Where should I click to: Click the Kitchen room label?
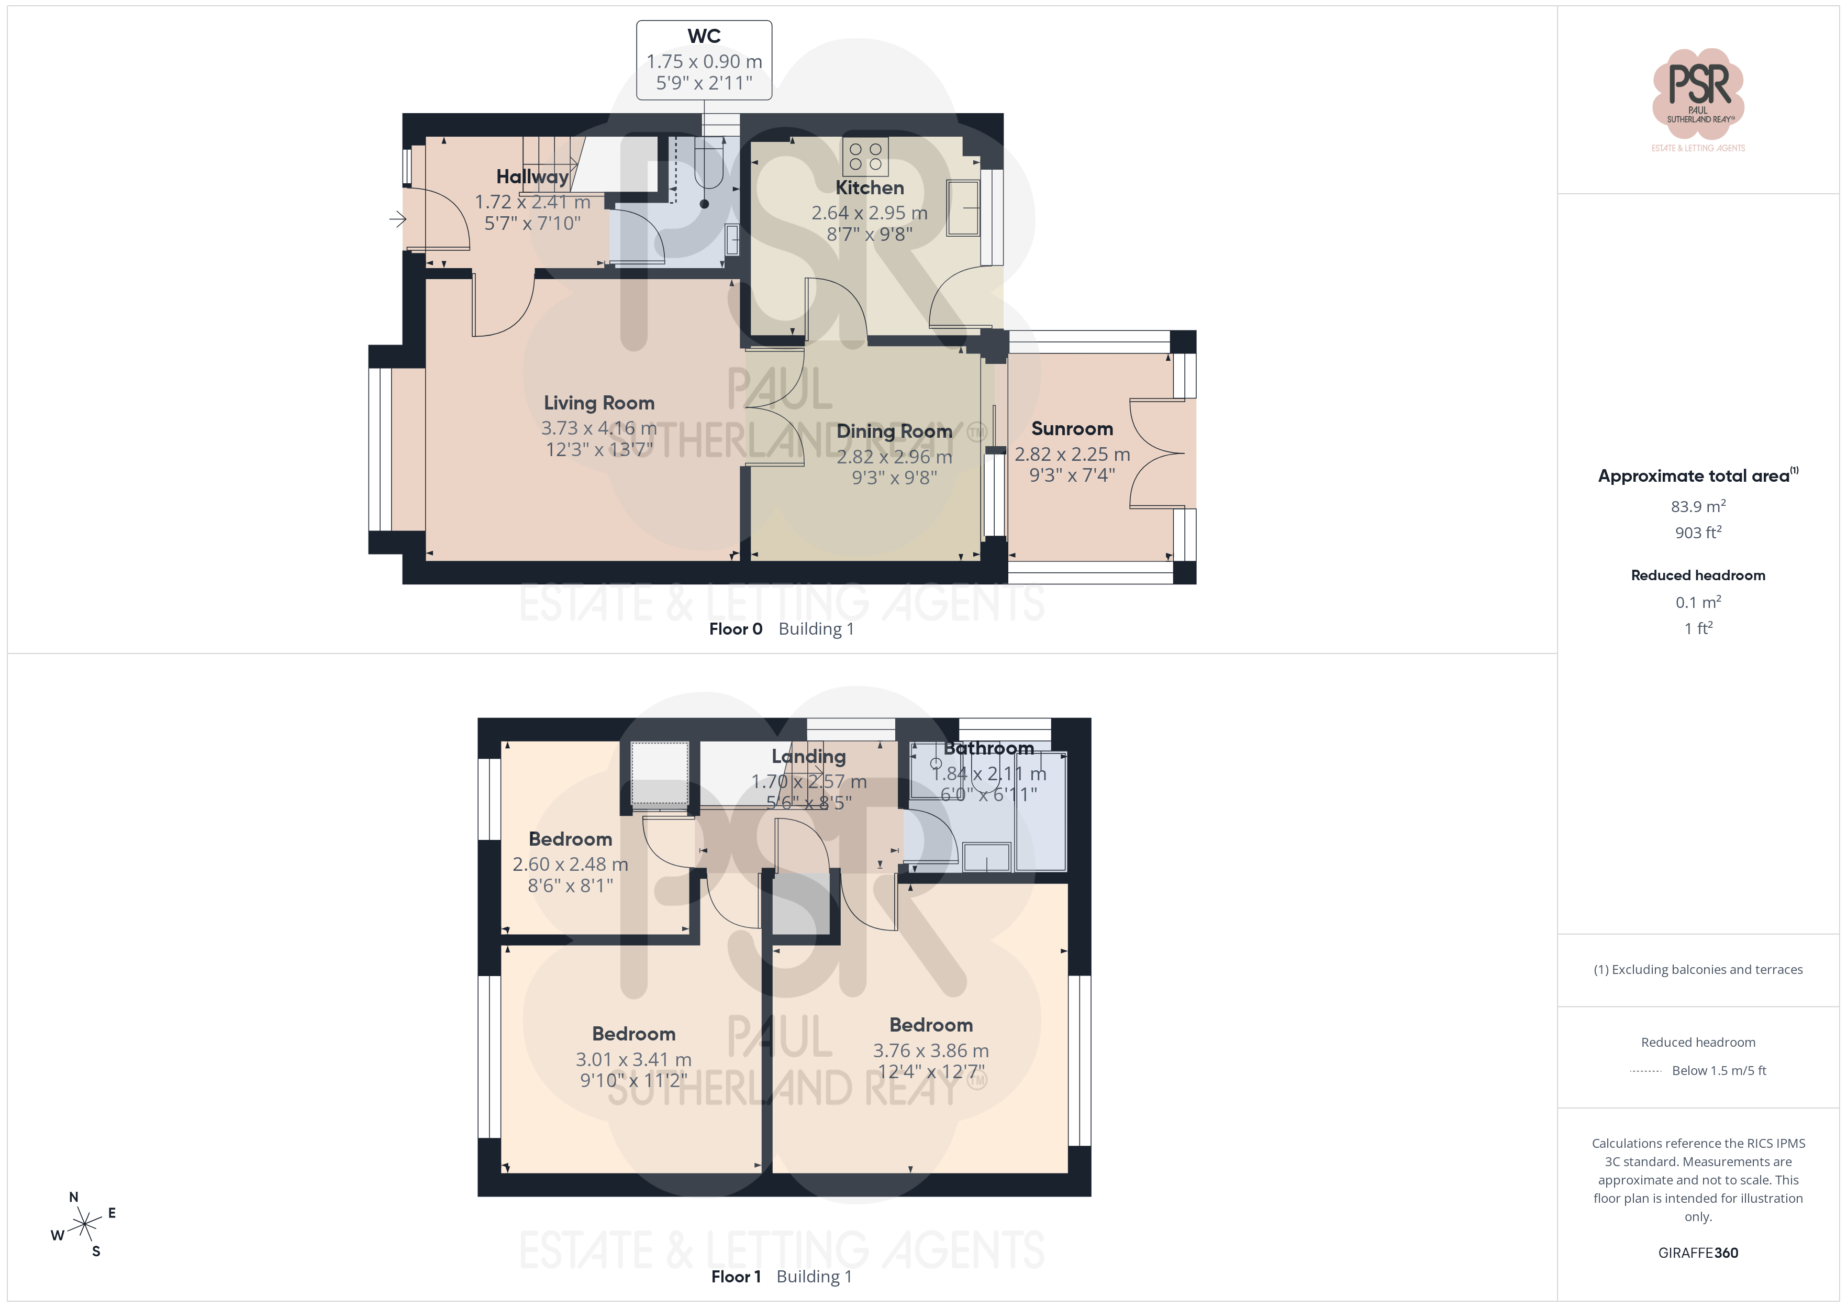[x=870, y=187]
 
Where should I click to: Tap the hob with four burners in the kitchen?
[x=865, y=156]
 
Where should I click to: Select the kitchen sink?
[x=962, y=208]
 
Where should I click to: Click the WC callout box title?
[x=704, y=36]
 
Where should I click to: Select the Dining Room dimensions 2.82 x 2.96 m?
[x=895, y=456]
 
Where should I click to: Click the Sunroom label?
[x=1072, y=428]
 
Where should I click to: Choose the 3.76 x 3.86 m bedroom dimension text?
[x=931, y=1050]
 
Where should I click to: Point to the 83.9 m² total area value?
[x=1698, y=506]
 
